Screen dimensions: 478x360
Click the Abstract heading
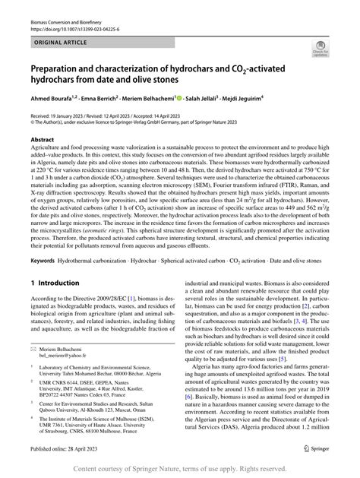point(42,140)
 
